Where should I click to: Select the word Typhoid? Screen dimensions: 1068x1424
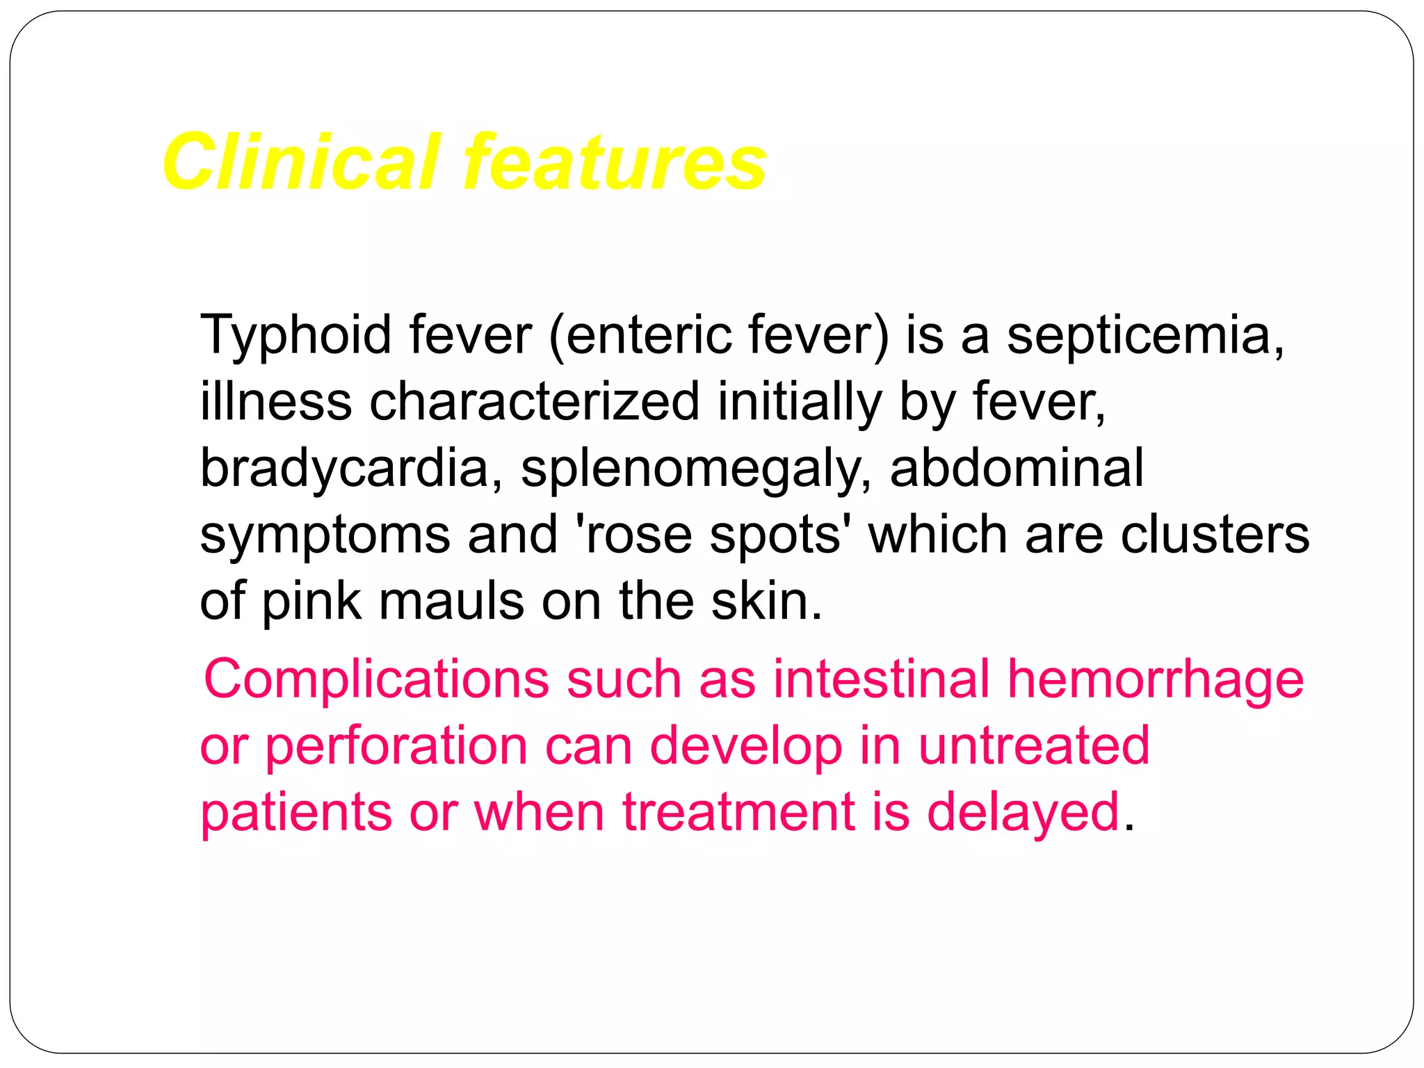(x=296, y=336)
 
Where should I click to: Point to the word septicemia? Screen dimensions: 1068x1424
(x=1144, y=336)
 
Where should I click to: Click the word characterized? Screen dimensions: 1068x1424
(x=534, y=401)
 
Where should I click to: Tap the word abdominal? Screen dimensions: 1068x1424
(x=1017, y=468)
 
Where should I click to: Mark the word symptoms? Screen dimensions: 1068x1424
(x=325, y=535)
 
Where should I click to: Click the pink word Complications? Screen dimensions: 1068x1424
(x=376, y=680)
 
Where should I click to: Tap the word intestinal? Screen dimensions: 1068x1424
(x=881, y=679)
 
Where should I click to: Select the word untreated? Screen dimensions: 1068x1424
(x=1034, y=745)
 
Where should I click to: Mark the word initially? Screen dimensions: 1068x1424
(x=800, y=403)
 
